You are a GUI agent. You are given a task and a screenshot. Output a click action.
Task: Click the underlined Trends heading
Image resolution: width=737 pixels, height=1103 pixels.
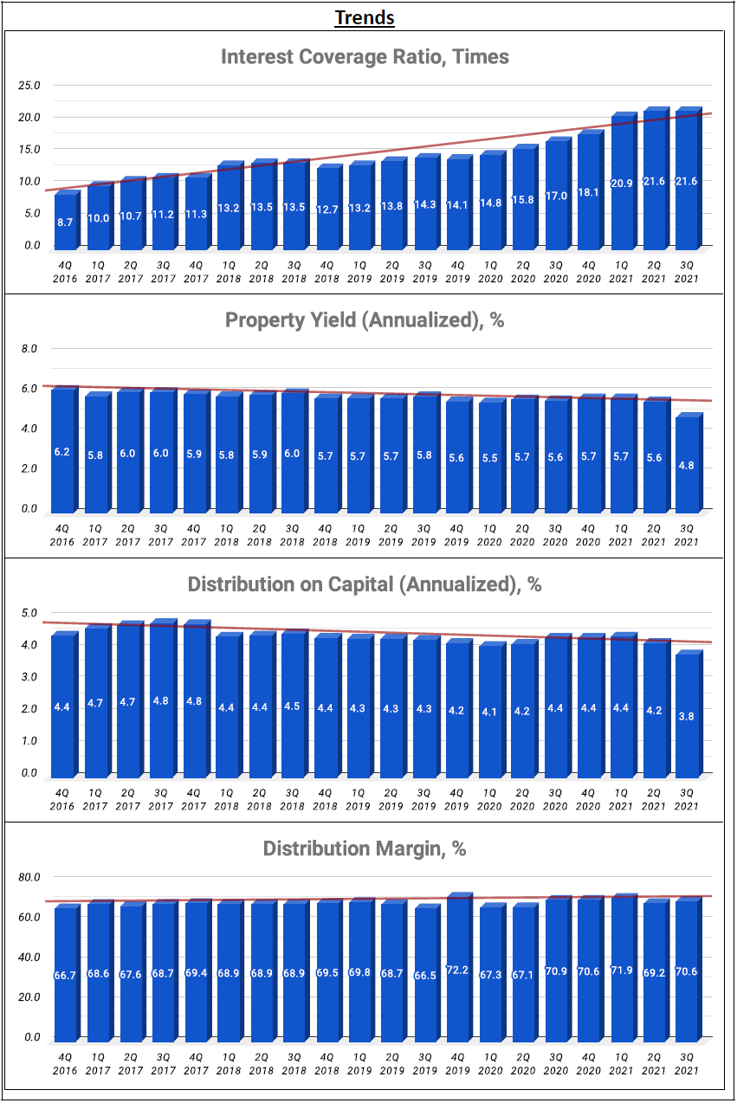point(365,17)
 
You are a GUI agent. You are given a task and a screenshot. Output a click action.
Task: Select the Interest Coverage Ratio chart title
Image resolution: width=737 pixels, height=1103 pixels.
point(365,57)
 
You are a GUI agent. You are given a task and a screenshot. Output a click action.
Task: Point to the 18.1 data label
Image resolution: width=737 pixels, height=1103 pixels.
point(588,192)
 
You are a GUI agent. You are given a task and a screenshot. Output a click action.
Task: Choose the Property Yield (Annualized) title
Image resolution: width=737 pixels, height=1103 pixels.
point(365,320)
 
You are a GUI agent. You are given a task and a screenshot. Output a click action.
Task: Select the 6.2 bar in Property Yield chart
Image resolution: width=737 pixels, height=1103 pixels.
point(62,450)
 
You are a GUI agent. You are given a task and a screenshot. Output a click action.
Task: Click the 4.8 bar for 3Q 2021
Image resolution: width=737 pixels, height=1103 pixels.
point(687,465)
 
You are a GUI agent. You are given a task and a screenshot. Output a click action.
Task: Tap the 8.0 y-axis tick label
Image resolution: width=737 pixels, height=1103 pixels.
point(29,349)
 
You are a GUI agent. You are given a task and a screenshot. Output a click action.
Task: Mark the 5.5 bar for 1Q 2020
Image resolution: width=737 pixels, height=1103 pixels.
point(489,457)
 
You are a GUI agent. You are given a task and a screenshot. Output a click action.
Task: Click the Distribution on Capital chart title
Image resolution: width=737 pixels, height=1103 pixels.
point(365,584)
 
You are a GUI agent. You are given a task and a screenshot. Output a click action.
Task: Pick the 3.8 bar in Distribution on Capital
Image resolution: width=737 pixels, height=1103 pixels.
point(687,715)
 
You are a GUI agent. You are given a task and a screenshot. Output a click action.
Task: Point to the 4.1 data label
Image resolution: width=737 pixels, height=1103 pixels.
point(489,713)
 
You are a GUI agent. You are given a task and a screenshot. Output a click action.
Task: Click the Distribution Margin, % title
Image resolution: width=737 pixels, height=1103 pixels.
point(365,848)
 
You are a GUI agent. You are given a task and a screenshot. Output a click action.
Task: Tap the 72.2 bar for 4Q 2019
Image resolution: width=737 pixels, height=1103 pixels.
point(456,970)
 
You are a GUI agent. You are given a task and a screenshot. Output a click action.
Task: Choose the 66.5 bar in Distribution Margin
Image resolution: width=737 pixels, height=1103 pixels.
point(423,975)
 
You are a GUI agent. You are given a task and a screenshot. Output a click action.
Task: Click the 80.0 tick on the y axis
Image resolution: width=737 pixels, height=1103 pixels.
point(29,876)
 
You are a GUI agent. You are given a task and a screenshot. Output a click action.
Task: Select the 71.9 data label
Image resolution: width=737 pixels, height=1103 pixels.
point(621,971)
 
